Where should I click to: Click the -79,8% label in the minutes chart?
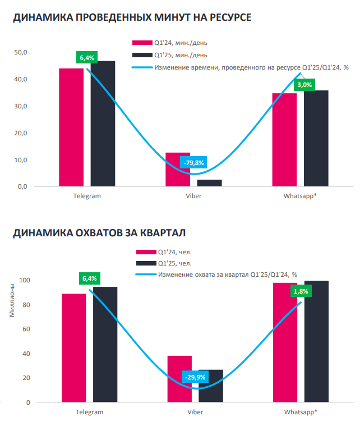point(193,163)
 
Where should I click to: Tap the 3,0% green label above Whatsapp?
point(304,85)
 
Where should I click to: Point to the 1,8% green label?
point(301,291)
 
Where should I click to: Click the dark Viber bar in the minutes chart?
point(209,183)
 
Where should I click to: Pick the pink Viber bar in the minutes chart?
point(178,170)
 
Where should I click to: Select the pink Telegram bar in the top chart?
point(71,127)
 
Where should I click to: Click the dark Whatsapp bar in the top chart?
point(316,138)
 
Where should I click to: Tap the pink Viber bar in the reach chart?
point(179,379)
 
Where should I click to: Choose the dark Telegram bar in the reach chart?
point(105,345)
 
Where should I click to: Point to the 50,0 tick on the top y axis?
point(21,53)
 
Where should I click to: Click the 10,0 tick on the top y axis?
point(21,160)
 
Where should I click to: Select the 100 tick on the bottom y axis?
point(24,280)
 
